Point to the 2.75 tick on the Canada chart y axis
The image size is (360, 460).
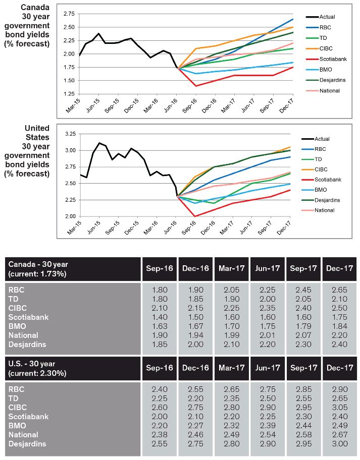click(x=69, y=14)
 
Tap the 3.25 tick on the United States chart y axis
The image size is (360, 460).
click(x=70, y=134)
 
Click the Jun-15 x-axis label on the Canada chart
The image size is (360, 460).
click(x=93, y=106)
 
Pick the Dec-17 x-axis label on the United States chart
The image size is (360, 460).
click(x=284, y=228)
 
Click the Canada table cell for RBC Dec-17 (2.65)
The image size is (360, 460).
click(x=339, y=290)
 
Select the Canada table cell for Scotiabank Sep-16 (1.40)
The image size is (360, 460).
click(x=160, y=317)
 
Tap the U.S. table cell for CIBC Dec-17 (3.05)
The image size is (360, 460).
click(x=339, y=408)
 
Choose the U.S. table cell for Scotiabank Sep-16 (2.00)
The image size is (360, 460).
click(x=160, y=417)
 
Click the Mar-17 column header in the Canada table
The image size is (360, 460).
click(x=232, y=268)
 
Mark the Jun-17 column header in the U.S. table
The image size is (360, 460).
click(x=268, y=368)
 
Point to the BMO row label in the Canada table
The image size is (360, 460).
click(x=17, y=326)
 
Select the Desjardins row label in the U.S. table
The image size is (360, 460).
click(x=27, y=444)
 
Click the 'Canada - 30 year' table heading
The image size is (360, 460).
click(x=38, y=264)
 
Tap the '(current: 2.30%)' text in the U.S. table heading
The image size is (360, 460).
click(x=37, y=373)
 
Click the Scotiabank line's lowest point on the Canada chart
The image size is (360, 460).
click(x=196, y=86)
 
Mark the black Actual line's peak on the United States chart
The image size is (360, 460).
click(x=99, y=143)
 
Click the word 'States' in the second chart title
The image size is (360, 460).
click(x=37, y=137)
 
